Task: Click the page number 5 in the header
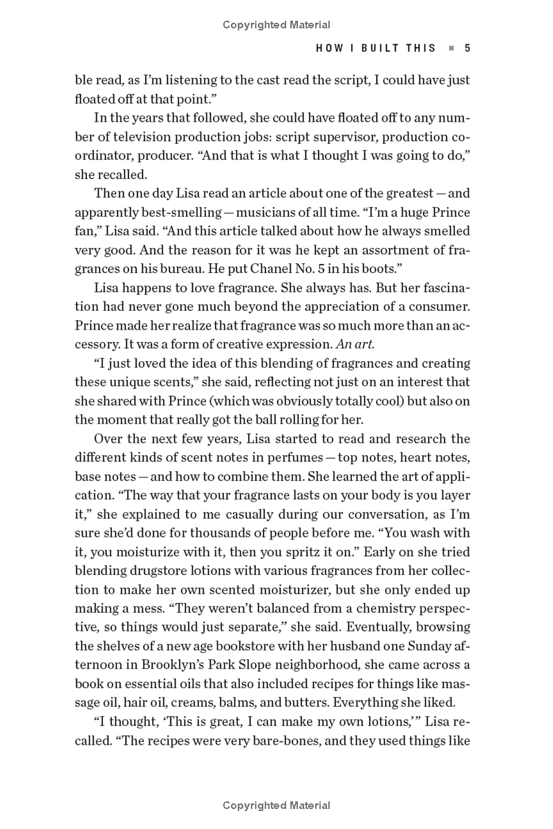[467, 48]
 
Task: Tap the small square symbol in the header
[451, 48]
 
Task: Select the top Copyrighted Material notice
[276, 25]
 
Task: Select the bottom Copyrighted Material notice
[276, 805]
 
